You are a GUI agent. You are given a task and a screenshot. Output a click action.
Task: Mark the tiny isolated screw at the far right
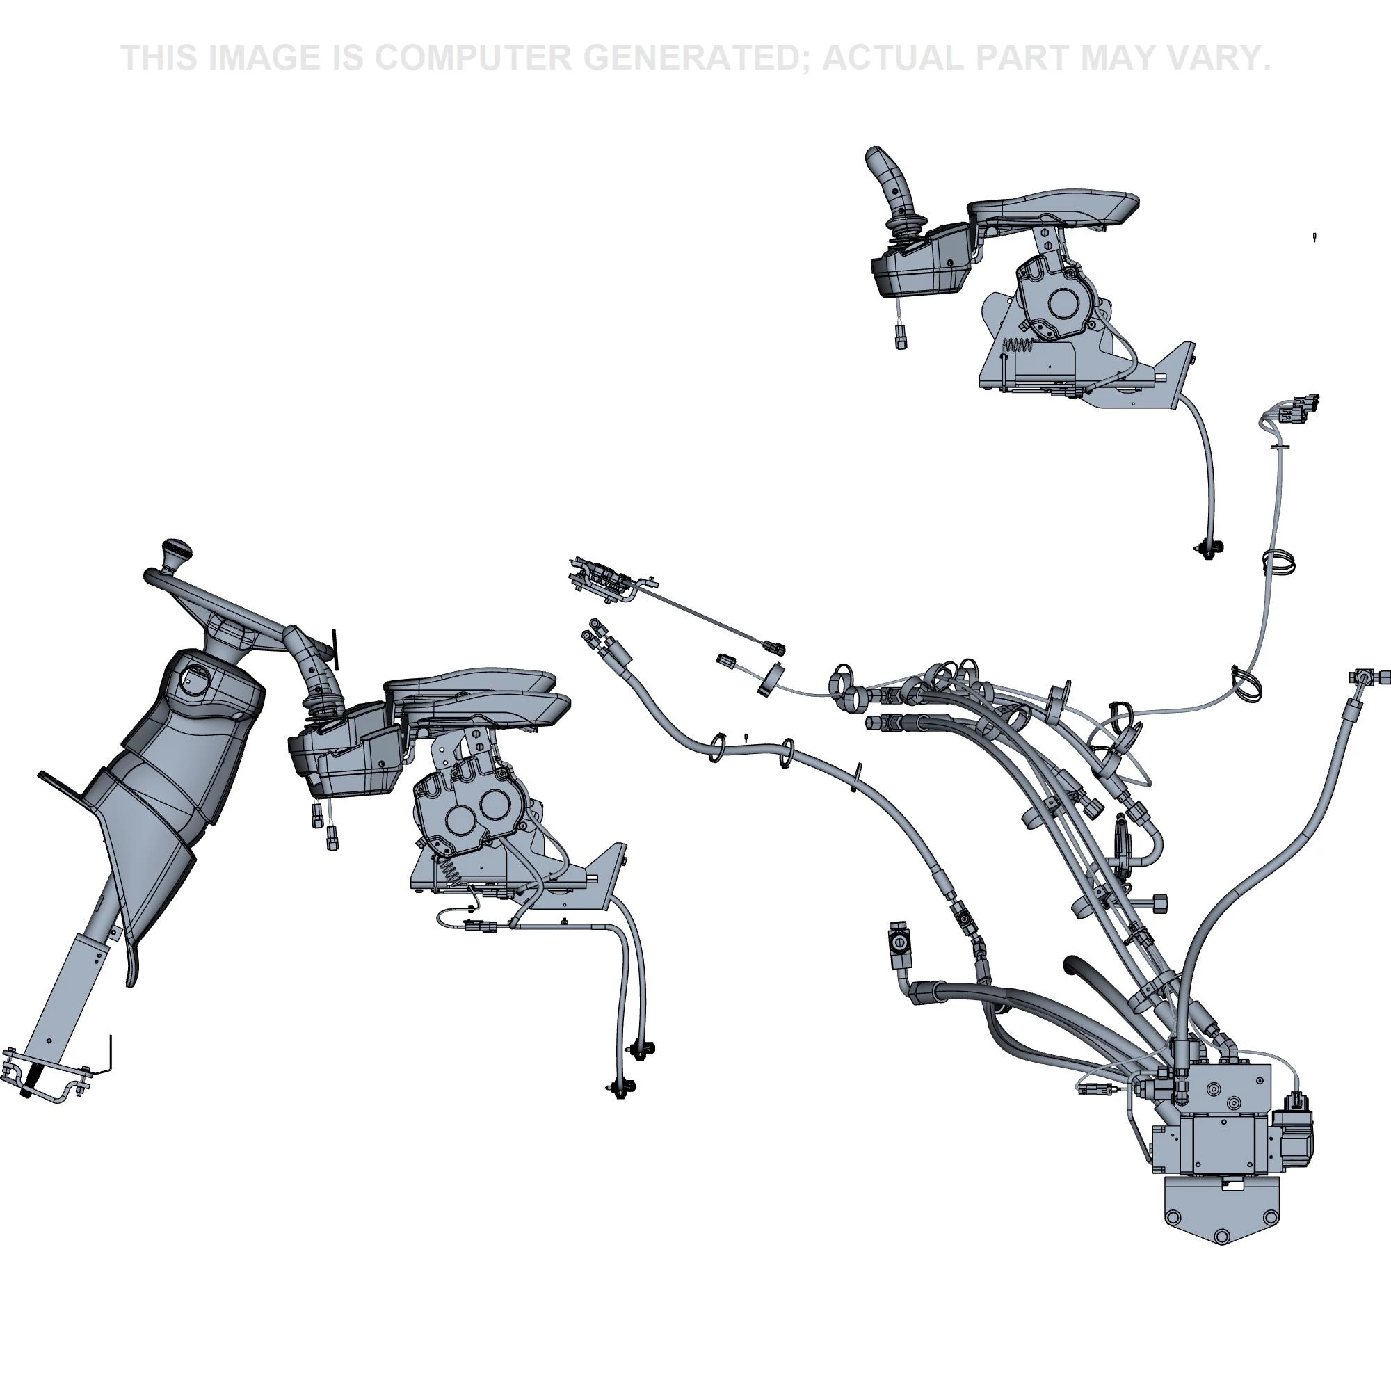pyautogui.click(x=1314, y=236)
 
